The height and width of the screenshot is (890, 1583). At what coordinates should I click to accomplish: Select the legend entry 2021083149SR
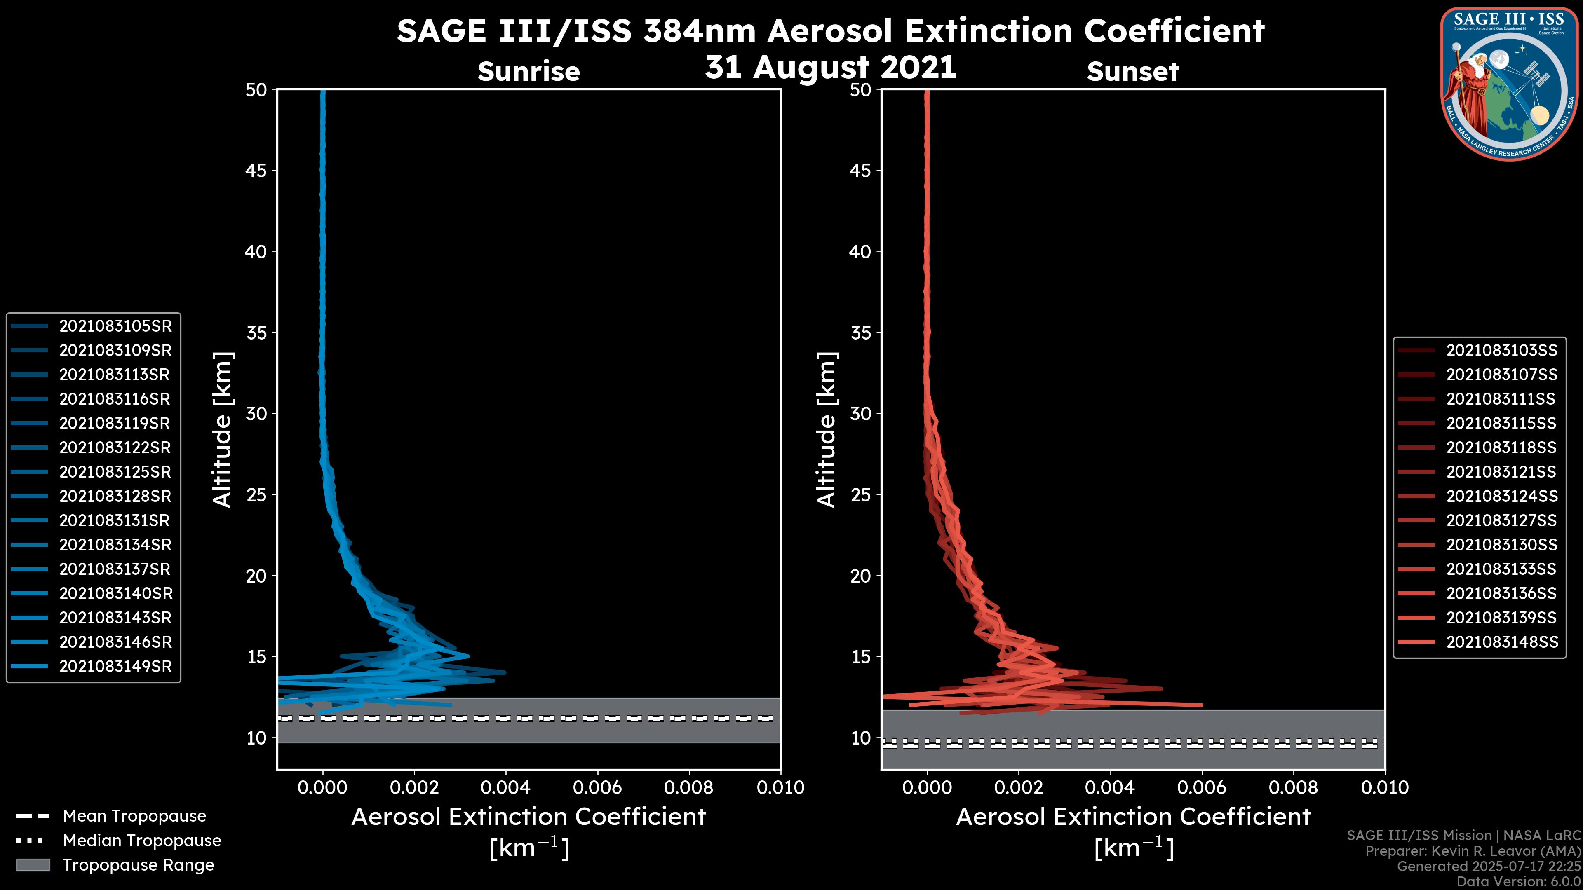coord(115,666)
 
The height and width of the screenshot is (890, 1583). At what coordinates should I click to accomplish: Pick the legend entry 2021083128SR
coord(115,496)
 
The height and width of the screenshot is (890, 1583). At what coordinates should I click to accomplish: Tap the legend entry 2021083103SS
coord(1501,350)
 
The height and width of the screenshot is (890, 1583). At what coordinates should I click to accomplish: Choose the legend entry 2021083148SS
coord(1501,642)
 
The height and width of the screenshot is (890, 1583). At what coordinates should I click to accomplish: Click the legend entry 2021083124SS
coord(1501,496)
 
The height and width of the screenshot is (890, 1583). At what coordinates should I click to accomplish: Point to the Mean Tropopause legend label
coord(134,816)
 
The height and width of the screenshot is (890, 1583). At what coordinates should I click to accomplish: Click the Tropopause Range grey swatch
coord(33,865)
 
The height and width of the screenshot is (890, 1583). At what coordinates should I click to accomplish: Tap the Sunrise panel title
coord(528,72)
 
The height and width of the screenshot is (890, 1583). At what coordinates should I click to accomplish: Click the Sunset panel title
coord(1132,72)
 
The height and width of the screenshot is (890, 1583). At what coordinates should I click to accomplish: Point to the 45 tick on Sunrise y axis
coord(256,171)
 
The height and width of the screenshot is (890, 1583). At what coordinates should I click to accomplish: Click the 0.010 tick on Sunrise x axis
coord(780,787)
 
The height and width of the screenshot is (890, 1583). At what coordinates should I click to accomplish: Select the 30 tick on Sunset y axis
coord(860,414)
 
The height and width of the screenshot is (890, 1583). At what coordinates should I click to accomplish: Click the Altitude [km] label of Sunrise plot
coord(223,430)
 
